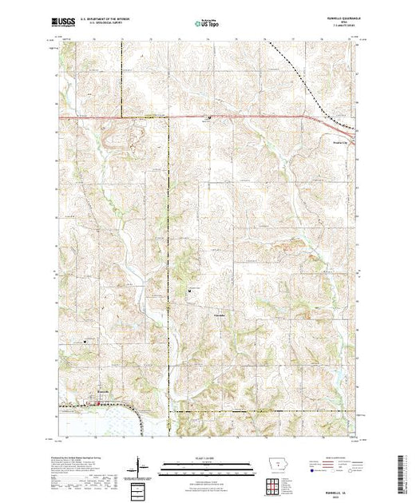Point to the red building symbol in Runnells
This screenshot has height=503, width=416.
pos(98,402)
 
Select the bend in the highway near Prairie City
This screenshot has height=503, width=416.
pos(315,120)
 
